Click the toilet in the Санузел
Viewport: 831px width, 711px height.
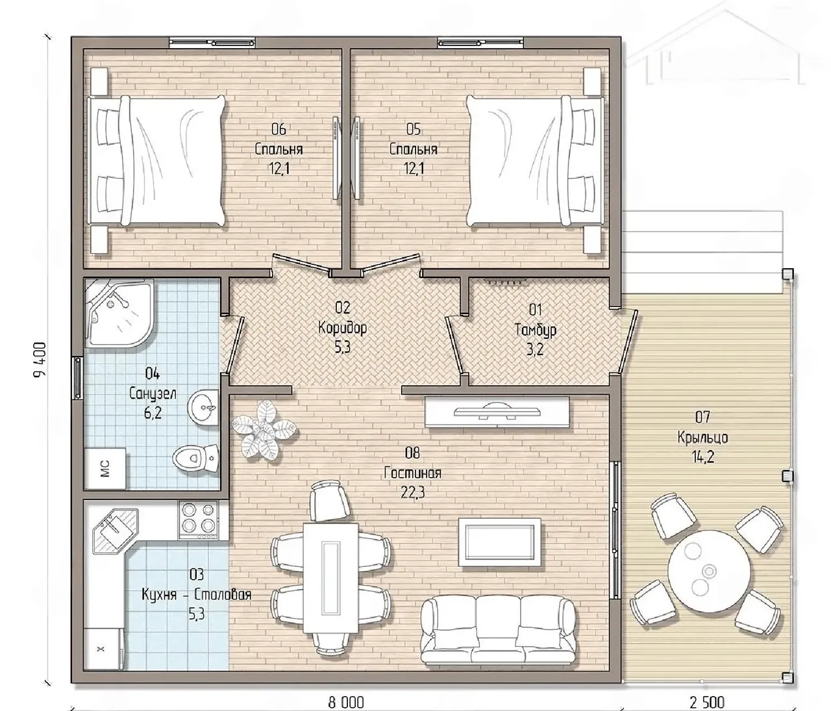point(196,458)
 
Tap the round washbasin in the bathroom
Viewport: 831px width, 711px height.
point(204,408)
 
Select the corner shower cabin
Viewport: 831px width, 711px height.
point(119,314)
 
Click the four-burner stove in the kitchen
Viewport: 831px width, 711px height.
point(198,519)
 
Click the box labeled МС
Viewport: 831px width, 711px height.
point(105,468)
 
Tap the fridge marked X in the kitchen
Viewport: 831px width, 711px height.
point(104,648)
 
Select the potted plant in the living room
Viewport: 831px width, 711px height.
point(264,429)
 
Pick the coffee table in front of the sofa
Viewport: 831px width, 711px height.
point(499,542)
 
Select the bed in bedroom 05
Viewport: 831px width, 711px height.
point(535,161)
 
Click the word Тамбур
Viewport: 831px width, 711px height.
point(536,329)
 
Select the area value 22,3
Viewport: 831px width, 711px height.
point(412,492)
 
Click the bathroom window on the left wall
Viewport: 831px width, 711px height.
point(77,378)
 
